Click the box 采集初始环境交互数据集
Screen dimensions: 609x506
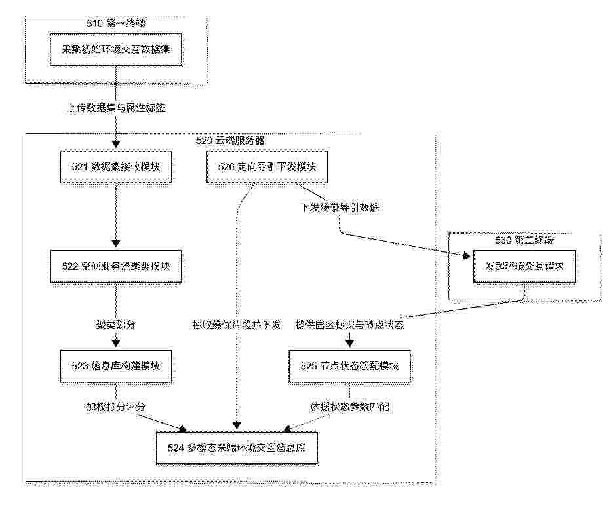click(116, 49)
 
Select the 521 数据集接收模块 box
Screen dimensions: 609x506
click(116, 167)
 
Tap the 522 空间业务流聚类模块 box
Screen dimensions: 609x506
click(116, 266)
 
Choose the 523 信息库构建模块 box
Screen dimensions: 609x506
click(116, 366)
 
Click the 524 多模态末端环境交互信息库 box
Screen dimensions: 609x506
click(237, 448)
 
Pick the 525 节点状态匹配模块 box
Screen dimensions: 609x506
click(349, 366)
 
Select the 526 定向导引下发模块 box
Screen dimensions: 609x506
click(267, 167)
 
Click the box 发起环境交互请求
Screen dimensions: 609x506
click(524, 266)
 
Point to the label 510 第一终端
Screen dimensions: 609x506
click(116, 24)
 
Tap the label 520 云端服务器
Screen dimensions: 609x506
click(230, 140)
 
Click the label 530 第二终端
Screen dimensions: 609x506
click(524, 240)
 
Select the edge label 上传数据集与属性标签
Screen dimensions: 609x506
click(116, 108)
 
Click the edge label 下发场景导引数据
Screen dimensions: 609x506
click(340, 208)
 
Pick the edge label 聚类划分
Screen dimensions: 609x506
click(116, 325)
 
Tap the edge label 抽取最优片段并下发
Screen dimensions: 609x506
click(237, 325)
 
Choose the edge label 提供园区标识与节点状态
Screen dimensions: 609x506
click(349, 325)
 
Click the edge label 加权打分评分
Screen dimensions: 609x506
click(116, 407)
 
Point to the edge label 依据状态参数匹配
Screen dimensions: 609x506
click(349, 407)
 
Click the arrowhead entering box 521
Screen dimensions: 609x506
click(116, 144)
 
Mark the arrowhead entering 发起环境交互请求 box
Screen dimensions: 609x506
click(466, 255)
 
